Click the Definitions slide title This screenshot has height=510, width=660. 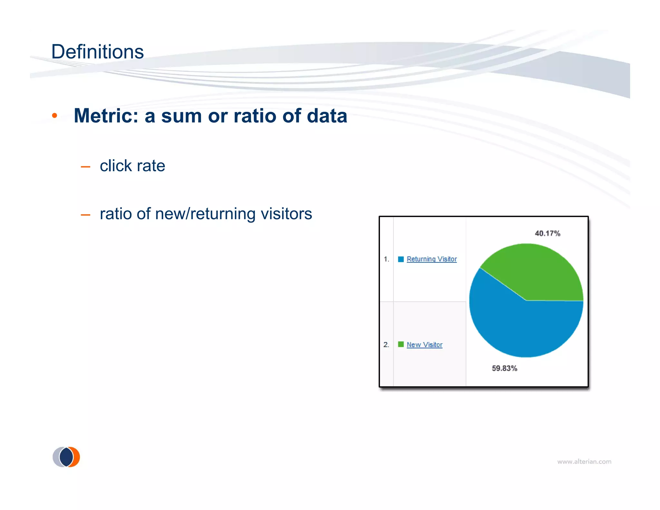pyautogui.click(x=97, y=52)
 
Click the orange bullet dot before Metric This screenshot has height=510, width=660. pyautogui.click(x=54, y=116)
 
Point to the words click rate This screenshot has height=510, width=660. pyautogui.click(x=132, y=166)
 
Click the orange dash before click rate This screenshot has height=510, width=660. pyautogui.click(x=85, y=167)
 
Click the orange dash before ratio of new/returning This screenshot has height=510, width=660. pyautogui.click(x=85, y=215)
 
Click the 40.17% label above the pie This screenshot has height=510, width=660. pyautogui.click(x=547, y=233)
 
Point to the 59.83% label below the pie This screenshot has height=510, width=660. pyautogui.click(x=504, y=368)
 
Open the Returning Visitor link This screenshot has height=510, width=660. pyautogui.click(x=432, y=259)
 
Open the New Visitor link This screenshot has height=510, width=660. pyautogui.click(x=424, y=345)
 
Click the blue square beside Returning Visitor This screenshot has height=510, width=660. pyautogui.click(x=401, y=259)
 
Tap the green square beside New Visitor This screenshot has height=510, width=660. pyautogui.click(x=401, y=344)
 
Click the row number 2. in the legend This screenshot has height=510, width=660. pyautogui.click(x=386, y=345)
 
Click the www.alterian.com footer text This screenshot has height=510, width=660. pyautogui.click(x=584, y=462)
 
